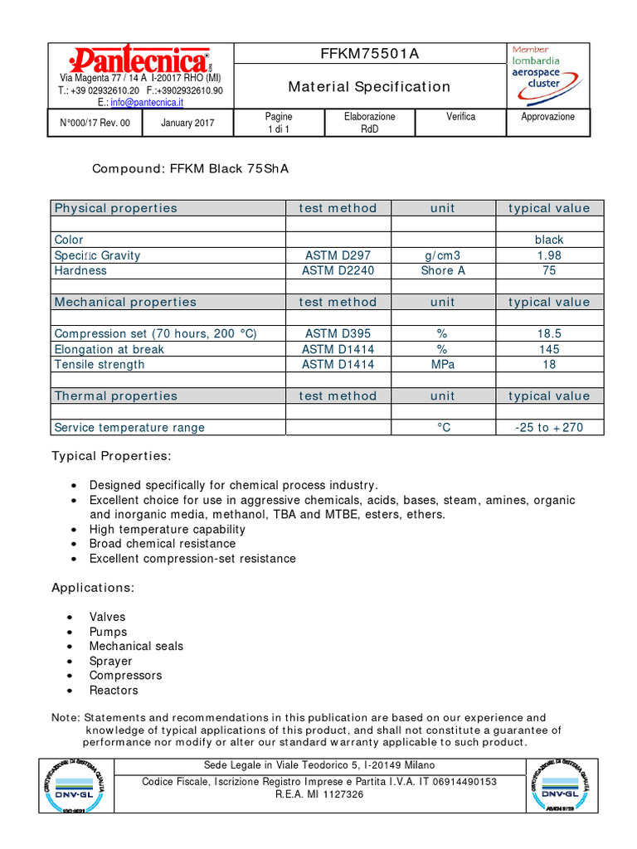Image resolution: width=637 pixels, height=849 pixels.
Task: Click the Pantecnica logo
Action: [140, 61]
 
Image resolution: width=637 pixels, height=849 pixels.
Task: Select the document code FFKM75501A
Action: [370, 54]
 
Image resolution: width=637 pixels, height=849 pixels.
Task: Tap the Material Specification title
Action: [369, 86]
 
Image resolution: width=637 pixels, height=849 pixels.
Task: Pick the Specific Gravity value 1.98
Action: [549, 255]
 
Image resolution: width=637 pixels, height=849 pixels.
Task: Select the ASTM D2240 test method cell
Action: [338, 270]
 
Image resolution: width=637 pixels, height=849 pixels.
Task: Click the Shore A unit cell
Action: [443, 270]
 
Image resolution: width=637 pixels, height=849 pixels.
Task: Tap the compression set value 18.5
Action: [549, 333]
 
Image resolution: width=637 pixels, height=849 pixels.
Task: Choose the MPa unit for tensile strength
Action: [443, 364]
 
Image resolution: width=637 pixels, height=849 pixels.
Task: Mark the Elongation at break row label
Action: [109, 349]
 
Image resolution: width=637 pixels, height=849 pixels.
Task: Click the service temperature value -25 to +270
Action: [549, 428]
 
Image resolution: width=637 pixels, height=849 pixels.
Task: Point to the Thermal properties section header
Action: [116, 395]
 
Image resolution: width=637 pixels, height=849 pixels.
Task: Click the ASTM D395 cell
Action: [338, 333]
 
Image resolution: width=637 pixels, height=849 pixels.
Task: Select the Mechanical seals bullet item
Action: [136, 646]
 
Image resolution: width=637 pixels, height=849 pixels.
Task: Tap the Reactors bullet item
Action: [114, 690]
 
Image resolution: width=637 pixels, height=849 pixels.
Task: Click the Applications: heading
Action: [93, 588]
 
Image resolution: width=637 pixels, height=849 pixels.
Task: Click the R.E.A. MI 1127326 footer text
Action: [319, 794]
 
